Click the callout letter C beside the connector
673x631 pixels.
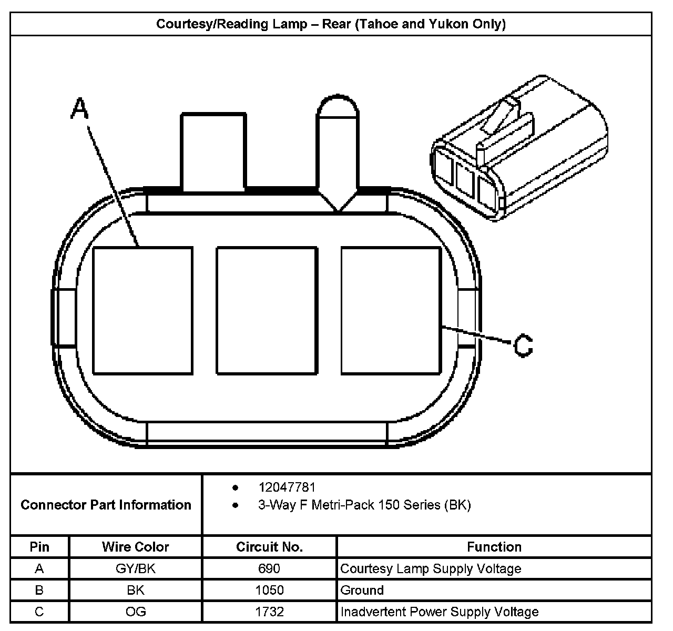tap(523, 345)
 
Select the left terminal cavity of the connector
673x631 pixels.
tap(142, 311)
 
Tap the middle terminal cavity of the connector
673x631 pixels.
tap(267, 311)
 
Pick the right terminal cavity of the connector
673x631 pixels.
tap(391, 311)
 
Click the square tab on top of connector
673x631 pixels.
tap(213, 151)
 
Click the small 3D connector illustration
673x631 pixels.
tap(518, 149)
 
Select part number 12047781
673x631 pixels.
tap(287, 487)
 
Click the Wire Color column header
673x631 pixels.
tap(135, 547)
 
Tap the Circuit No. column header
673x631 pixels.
tap(269, 547)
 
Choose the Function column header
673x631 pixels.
tap(494, 547)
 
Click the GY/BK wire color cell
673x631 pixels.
tap(135, 568)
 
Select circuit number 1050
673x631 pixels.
tap(269, 590)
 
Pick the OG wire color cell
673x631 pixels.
tap(135, 612)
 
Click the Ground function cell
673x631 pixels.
tap(362, 590)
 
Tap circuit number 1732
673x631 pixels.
tap(269, 612)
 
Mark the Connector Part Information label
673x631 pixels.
tap(106, 505)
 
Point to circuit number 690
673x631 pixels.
tap(269, 568)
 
